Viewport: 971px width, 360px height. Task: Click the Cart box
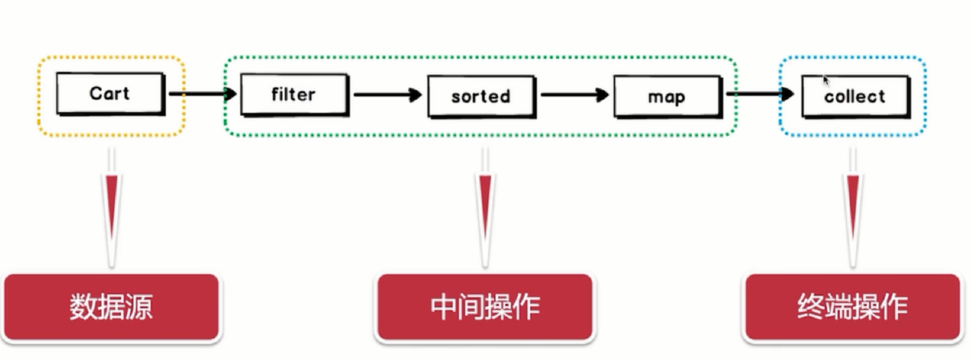coord(109,93)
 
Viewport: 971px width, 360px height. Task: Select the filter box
coord(294,95)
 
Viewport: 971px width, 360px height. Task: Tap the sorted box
coord(480,96)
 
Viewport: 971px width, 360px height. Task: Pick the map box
coord(667,97)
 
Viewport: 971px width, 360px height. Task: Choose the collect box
coord(855,96)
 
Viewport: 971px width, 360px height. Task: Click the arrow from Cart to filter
coord(202,94)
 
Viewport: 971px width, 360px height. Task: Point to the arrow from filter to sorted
coord(387,95)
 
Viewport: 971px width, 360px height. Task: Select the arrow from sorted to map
coord(574,95)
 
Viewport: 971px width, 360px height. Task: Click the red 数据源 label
coord(112,307)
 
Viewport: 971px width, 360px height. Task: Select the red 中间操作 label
coord(485,307)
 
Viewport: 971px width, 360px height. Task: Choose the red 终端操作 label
coord(852,307)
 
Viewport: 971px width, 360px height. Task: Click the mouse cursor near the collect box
coord(825,80)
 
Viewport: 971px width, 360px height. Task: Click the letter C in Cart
coord(95,93)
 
